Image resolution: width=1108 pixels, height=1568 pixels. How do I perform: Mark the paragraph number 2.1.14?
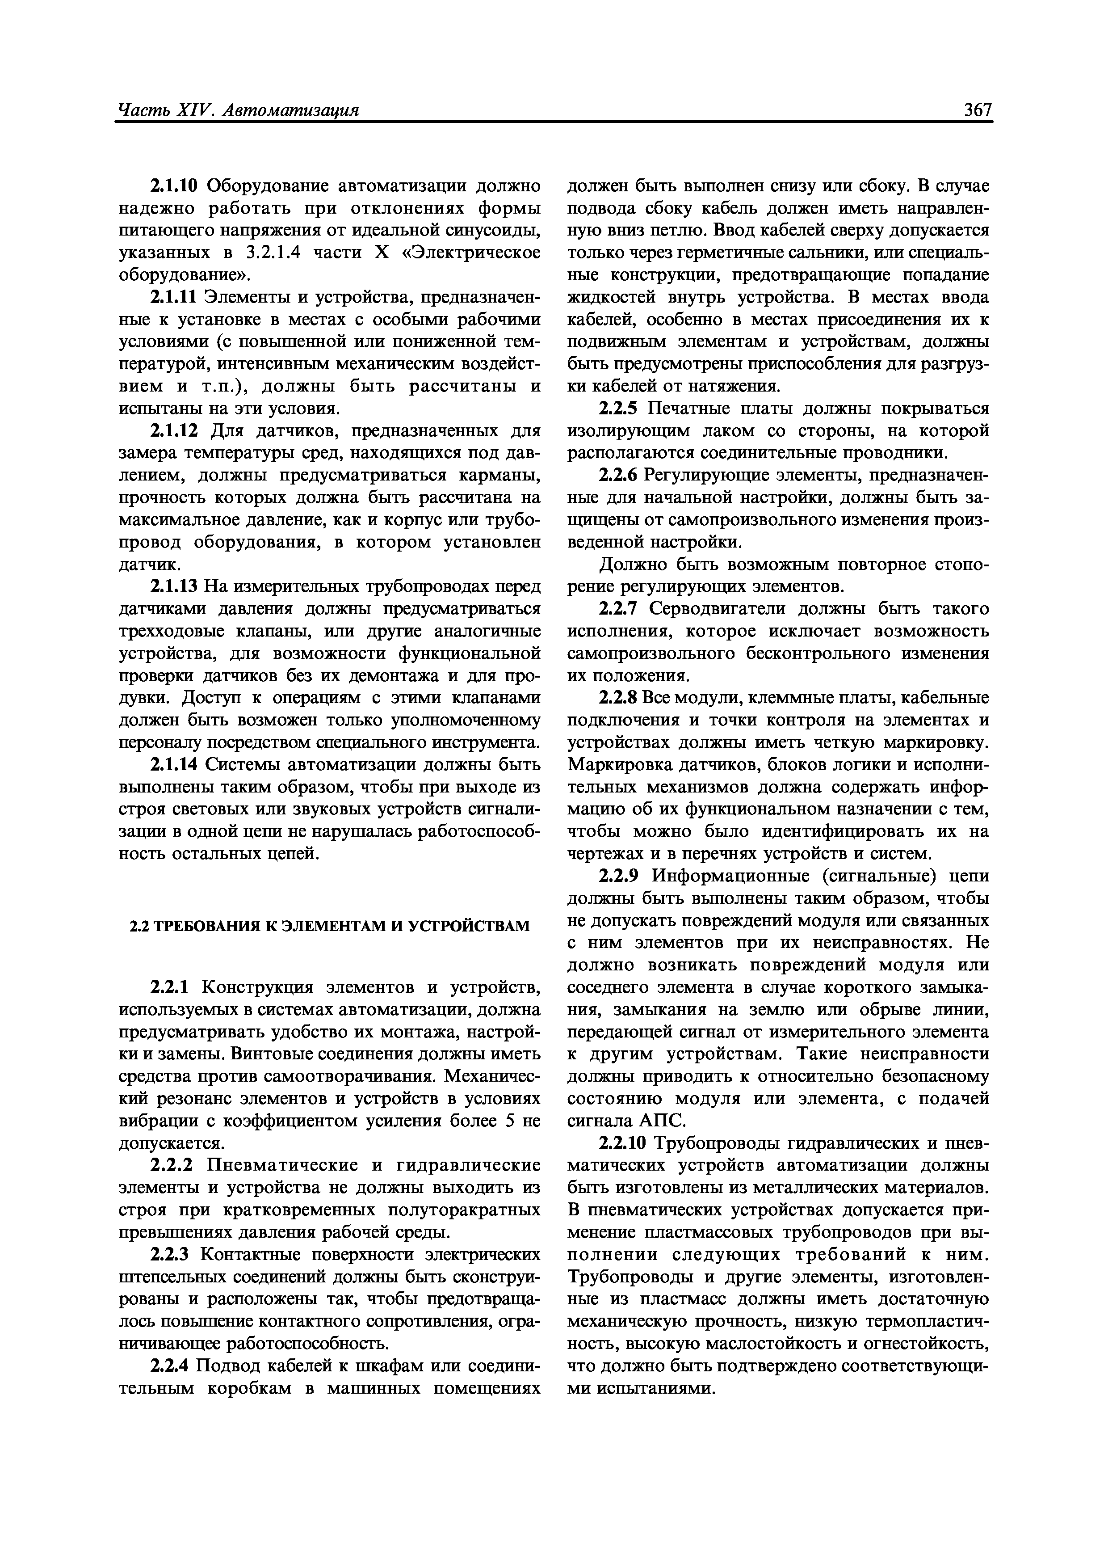tap(174, 765)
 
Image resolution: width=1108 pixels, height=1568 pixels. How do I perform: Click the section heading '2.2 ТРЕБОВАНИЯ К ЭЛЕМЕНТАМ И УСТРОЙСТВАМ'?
tap(330, 926)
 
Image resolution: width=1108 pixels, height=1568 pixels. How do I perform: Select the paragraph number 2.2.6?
tap(618, 475)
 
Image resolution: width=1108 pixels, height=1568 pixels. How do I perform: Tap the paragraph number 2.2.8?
tap(618, 698)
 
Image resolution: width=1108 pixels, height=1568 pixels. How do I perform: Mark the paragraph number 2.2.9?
tap(618, 876)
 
